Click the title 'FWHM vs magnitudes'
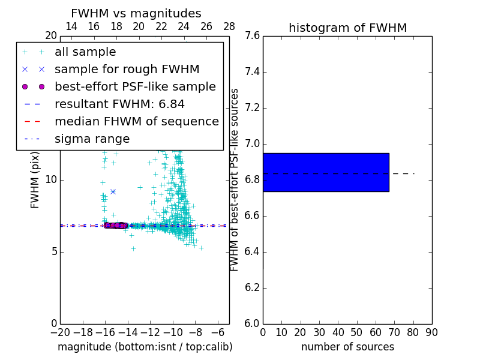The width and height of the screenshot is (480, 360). click(x=136, y=13)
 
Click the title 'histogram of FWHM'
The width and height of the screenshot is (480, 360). click(x=347, y=28)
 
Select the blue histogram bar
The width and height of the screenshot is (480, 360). click(x=326, y=172)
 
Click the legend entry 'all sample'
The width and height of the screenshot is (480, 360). click(x=85, y=52)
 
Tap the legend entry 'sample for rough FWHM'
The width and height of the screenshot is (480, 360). click(x=127, y=70)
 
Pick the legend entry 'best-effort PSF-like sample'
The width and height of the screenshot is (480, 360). click(x=135, y=87)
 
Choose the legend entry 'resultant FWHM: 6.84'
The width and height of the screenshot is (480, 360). click(x=119, y=104)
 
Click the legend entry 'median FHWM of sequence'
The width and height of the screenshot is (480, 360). click(x=136, y=122)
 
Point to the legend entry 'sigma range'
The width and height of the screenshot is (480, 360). click(x=92, y=139)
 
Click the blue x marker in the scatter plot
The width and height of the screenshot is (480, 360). click(x=113, y=191)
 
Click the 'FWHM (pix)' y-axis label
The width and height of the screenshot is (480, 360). click(x=35, y=179)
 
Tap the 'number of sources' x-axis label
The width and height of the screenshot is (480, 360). click(x=347, y=347)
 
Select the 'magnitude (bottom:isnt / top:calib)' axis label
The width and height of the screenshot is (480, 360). click(x=145, y=347)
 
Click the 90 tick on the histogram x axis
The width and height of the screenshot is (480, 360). click(x=431, y=332)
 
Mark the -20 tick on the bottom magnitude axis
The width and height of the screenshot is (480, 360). click(x=60, y=332)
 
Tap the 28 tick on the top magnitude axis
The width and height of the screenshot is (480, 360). click(x=229, y=26)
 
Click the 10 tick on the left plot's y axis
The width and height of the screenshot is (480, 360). click(x=52, y=179)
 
